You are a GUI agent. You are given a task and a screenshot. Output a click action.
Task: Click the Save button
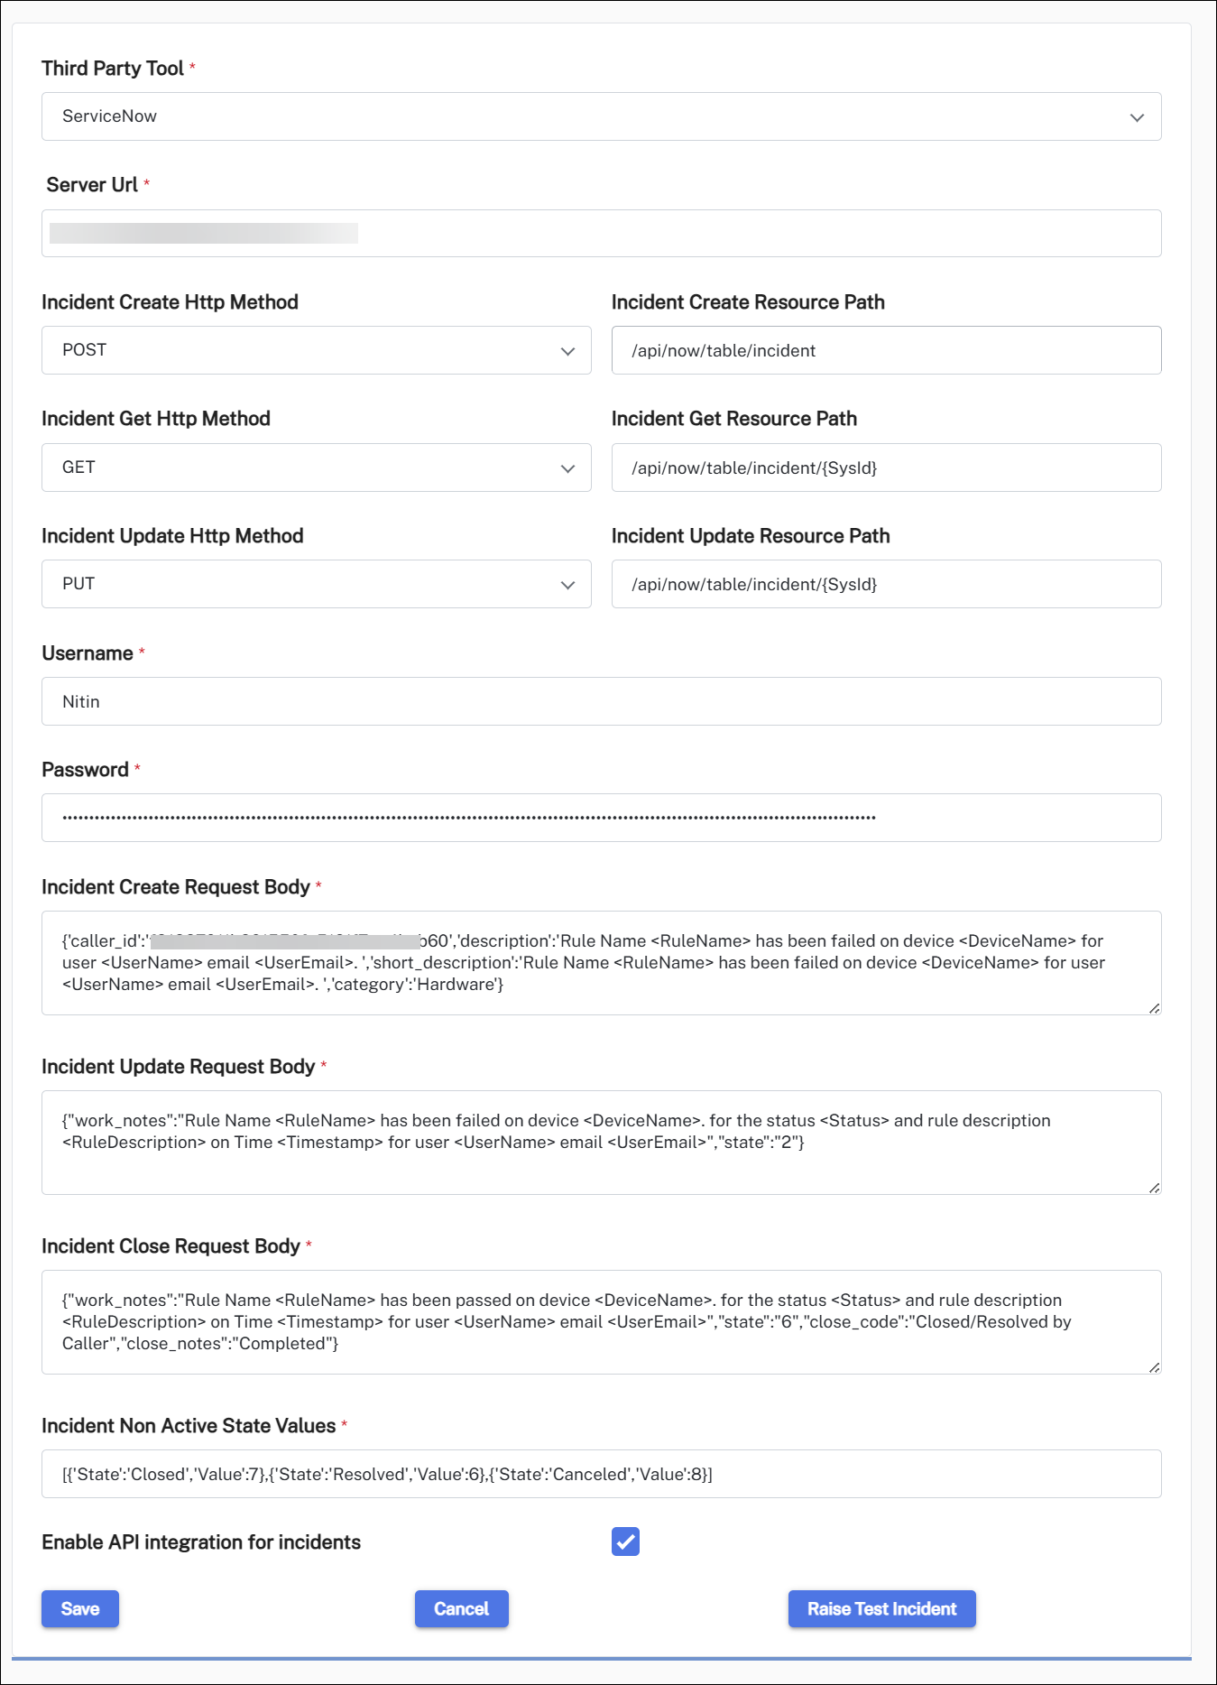(x=79, y=1608)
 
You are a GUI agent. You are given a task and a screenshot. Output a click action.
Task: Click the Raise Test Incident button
(x=881, y=1608)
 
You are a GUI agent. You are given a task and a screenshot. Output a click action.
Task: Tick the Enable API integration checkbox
(x=625, y=1541)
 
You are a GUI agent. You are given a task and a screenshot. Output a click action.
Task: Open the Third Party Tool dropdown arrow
(x=1137, y=117)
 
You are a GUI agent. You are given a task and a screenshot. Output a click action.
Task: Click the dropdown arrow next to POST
(x=567, y=351)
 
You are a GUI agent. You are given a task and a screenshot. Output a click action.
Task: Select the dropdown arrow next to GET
(x=567, y=468)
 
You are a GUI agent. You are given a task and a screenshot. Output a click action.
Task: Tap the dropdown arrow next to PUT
(x=567, y=585)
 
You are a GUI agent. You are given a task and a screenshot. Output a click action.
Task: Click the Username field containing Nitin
(x=601, y=701)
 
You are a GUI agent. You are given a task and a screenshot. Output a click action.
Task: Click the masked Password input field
(x=601, y=818)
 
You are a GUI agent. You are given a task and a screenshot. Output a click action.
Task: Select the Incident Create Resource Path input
(x=886, y=350)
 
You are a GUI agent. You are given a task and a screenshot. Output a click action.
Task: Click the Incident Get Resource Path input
(x=886, y=468)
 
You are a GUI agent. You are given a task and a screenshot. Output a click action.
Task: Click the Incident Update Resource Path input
(x=886, y=584)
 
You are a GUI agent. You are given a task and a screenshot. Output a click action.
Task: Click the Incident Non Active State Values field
(x=601, y=1474)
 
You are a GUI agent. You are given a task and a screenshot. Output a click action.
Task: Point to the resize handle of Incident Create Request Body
(x=1154, y=1008)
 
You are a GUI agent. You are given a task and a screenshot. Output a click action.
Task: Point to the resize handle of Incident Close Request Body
(x=1154, y=1367)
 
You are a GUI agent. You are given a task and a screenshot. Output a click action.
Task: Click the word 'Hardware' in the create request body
(x=455, y=985)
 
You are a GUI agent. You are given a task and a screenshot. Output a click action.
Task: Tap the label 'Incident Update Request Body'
(x=178, y=1067)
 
